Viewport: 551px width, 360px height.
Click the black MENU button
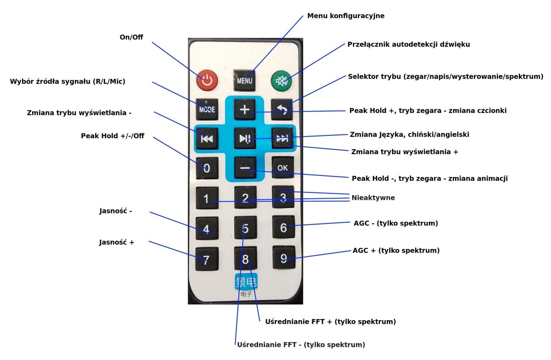[244, 80]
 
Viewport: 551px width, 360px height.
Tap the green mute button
[281, 81]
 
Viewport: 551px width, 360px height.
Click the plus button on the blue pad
[245, 109]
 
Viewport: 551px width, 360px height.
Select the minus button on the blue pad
[245, 168]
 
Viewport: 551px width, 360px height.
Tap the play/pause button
[245, 138]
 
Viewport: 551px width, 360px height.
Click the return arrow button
[282, 109]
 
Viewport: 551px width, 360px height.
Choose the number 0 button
[207, 168]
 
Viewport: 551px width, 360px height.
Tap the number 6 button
[284, 227]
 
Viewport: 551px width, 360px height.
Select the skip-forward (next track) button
[282, 138]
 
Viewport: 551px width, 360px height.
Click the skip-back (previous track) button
[207, 139]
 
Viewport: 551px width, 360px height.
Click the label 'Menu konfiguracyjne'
[346, 16]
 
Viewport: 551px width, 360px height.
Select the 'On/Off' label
[131, 37]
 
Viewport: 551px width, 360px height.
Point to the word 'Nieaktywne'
[373, 197]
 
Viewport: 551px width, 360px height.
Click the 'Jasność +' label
[117, 242]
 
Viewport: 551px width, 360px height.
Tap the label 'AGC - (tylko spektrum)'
[396, 223]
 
